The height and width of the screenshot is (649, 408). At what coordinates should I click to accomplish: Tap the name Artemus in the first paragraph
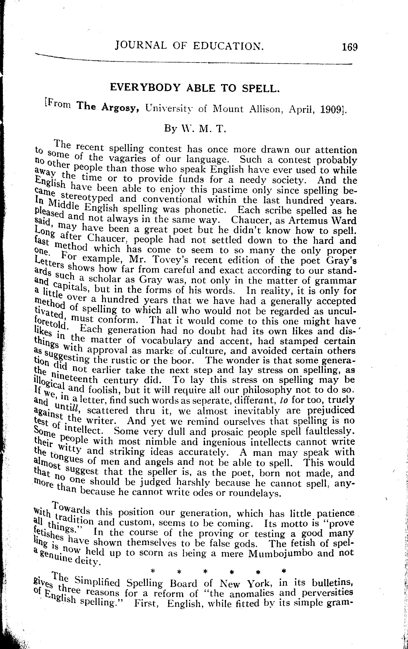(x=307, y=220)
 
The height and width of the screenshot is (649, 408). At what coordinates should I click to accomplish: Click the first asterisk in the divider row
(x=153, y=571)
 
